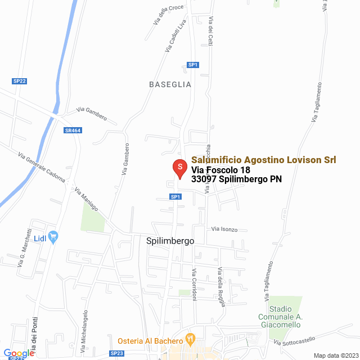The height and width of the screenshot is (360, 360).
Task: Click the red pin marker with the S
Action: pos(179,168)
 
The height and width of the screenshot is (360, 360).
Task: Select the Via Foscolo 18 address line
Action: pos(220,170)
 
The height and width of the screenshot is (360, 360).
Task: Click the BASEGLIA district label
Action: pos(170,84)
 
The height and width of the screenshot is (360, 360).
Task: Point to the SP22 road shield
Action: pos(20,81)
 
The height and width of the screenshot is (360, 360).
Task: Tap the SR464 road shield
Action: pos(73,130)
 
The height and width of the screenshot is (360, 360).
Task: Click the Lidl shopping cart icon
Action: pos(53,237)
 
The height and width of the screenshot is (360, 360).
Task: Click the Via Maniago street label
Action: pos(86,199)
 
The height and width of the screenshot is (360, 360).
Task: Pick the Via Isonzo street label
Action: pos(224,229)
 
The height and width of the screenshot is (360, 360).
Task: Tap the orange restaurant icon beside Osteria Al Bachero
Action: pos(190,340)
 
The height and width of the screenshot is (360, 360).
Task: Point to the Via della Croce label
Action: pos(168,15)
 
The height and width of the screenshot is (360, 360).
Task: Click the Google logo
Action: pos(19,353)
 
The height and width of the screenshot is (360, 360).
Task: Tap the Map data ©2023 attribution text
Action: pos(335,355)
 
